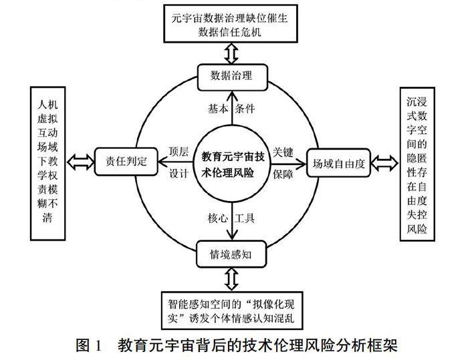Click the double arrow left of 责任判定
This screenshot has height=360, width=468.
[x=80, y=160]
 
